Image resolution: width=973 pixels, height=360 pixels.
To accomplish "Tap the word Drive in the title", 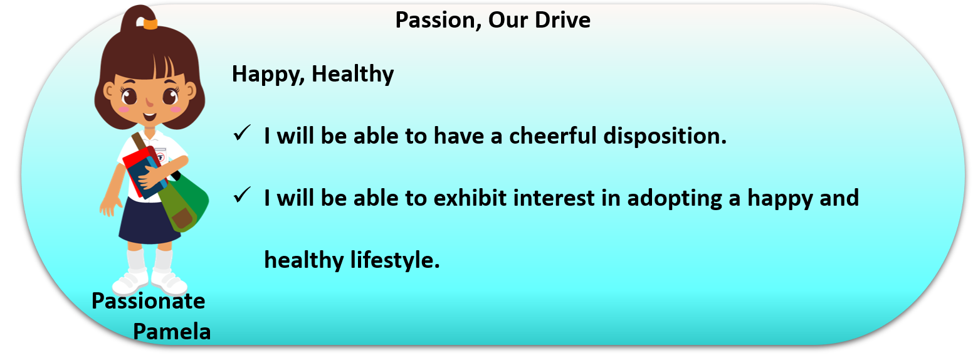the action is point(562,20).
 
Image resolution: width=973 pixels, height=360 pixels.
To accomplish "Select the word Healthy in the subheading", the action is point(353,74).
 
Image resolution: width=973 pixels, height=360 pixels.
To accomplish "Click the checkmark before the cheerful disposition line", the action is point(242,133).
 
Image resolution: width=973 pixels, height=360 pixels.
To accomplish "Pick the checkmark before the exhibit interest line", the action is point(242,195).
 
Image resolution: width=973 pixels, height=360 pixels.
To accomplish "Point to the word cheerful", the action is point(553,135).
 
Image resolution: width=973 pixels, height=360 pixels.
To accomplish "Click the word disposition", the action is point(665,137).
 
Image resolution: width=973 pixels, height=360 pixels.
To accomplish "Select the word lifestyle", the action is point(395,261).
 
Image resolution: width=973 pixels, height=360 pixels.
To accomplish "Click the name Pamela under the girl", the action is point(172,332).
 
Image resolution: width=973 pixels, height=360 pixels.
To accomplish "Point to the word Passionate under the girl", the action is point(149,301).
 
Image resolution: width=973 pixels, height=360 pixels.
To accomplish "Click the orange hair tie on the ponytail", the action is point(150,23).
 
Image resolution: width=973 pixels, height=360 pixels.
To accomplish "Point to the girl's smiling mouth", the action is point(149,117).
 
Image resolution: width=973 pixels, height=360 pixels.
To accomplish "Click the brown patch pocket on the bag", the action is point(183,218).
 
